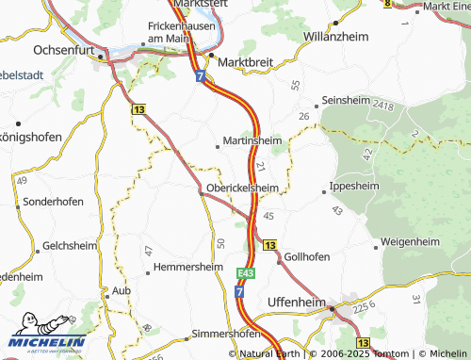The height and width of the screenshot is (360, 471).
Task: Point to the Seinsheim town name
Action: (x=350, y=101)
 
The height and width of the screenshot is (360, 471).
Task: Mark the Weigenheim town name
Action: (x=411, y=242)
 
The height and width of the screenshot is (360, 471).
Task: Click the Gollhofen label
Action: (x=307, y=256)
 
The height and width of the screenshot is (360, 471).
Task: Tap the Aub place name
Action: (x=120, y=291)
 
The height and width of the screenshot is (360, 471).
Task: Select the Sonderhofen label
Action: (x=54, y=202)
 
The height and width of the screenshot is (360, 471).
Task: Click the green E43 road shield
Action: (x=246, y=272)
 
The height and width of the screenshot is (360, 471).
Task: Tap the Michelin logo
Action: (x=44, y=343)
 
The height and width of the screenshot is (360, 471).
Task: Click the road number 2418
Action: (x=384, y=105)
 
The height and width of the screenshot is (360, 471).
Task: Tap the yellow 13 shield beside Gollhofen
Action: (x=270, y=245)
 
